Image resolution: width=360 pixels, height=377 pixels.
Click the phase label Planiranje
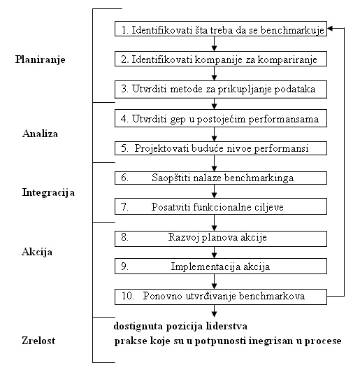(40, 59)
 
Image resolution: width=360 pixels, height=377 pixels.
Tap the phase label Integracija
(48, 191)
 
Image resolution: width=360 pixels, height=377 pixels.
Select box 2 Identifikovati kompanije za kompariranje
(221, 59)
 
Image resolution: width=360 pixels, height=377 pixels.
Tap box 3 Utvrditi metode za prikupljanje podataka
(221, 89)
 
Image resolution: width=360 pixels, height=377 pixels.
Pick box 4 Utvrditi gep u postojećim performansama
(221, 119)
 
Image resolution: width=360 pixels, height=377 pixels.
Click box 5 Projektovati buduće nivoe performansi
(221, 148)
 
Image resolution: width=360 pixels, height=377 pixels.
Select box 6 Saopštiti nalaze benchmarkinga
(221, 178)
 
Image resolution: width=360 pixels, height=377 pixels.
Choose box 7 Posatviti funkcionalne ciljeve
(221, 208)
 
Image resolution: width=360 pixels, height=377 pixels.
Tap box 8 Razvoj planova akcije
(221, 237)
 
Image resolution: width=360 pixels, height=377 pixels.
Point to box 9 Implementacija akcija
(221, 266)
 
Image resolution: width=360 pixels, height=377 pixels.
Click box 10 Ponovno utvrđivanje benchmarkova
(221, 297)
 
